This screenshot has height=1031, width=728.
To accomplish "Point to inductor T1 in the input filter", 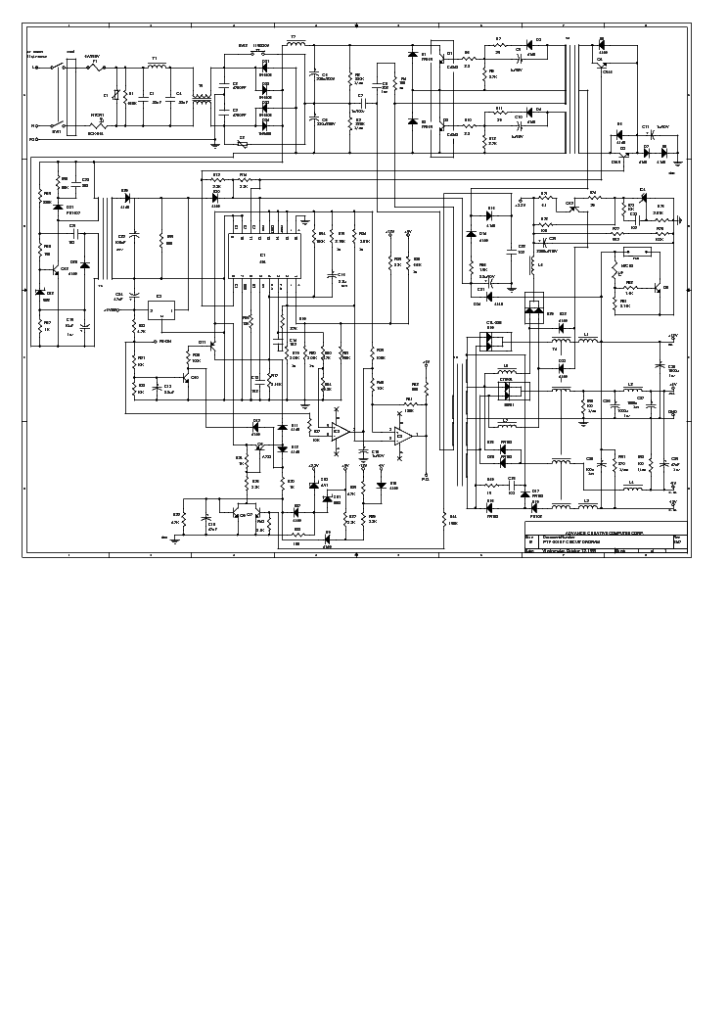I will click(x=155, y=68).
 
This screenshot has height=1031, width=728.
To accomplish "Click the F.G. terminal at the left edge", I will click(x=33, y=139).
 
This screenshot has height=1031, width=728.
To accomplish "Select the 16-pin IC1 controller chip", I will click(x=262, y=256).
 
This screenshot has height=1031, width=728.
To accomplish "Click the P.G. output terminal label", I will click(x=426, y=479).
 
